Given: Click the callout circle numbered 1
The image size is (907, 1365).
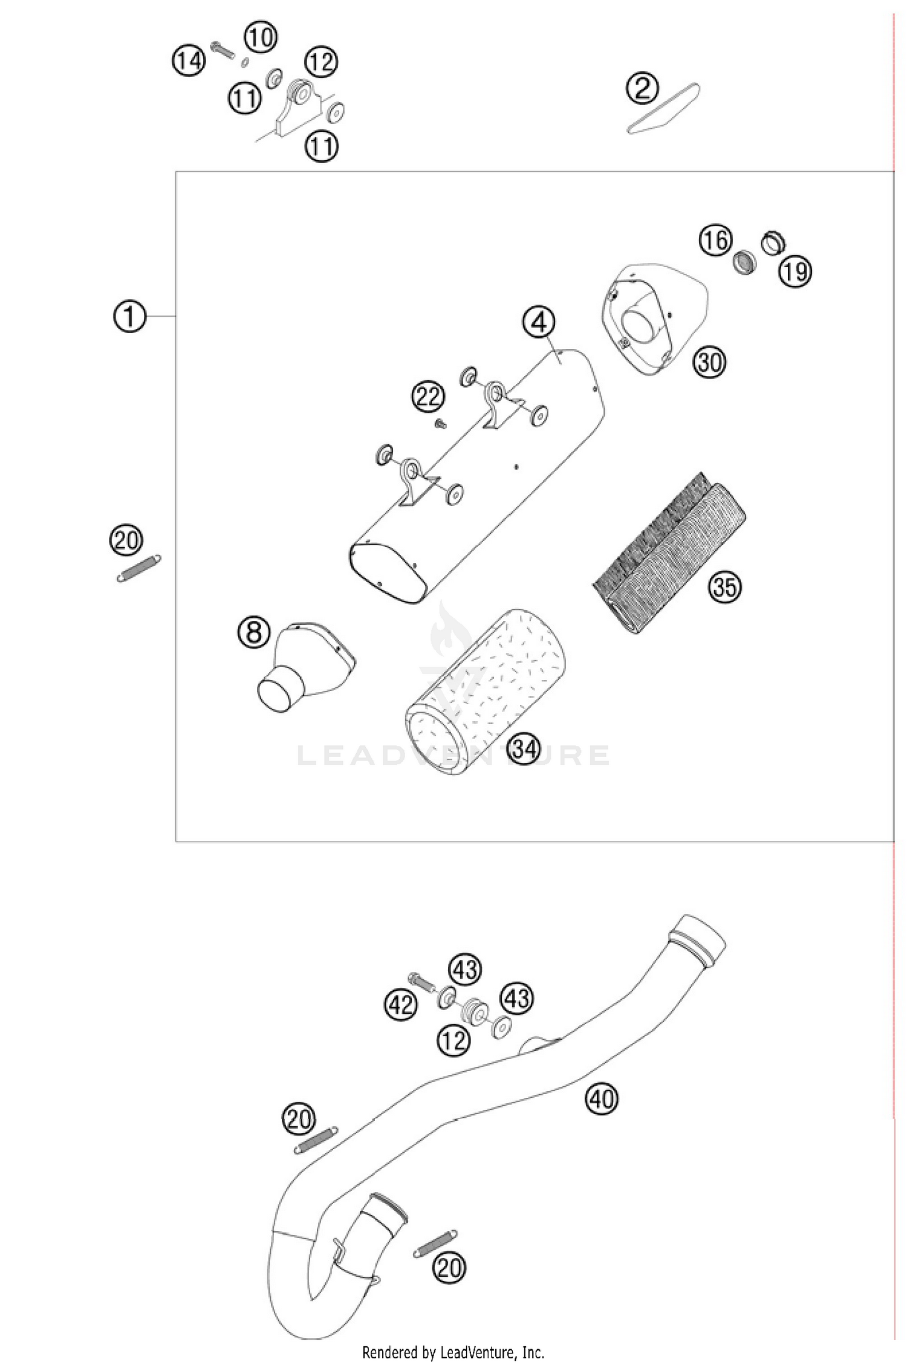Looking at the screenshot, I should [129, 316].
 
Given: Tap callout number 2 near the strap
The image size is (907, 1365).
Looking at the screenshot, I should [642, 89].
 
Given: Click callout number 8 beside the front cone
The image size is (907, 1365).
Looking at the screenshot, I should [253, 633].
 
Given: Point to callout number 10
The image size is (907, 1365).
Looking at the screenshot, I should [261, 37].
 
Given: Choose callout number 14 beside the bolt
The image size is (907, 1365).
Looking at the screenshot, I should [189, 61].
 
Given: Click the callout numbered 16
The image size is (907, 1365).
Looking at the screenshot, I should [715, 240].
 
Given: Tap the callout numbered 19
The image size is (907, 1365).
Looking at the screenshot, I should [795, 271].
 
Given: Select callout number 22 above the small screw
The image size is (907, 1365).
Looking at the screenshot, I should [428, 397].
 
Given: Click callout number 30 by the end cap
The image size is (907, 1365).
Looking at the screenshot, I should [709, 363].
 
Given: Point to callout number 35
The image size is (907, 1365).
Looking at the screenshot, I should [724, 586].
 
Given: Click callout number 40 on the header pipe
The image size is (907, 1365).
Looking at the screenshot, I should [601, 1098].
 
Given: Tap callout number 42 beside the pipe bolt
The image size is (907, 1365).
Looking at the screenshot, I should [401, 1005].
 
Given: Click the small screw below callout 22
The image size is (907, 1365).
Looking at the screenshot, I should [440, 425].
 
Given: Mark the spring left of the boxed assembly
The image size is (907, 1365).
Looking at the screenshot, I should [138, 569].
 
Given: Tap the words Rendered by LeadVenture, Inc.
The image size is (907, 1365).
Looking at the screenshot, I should [453, 1352].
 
